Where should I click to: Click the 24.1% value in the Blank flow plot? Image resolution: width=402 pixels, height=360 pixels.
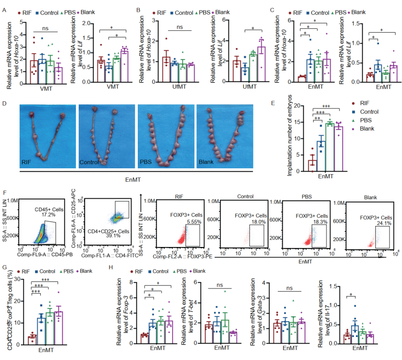(x=384, y=223)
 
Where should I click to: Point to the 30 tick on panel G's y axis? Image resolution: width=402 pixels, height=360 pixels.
(x=17, y=279)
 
